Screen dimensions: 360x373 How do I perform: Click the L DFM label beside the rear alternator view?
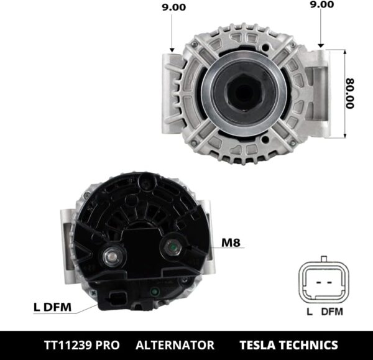(x=52, y=307)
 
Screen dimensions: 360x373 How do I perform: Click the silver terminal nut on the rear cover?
(x=113, y=254)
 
